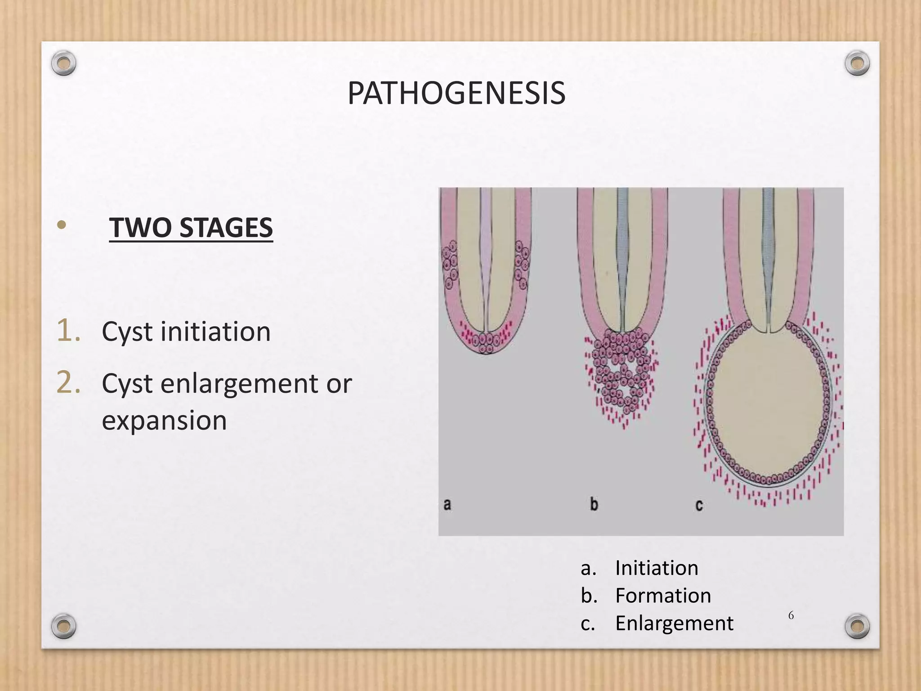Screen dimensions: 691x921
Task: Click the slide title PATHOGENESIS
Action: (456, 94)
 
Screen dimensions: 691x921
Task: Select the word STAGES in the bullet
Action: (226, 228)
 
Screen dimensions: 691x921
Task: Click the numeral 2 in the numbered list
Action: (69, 383)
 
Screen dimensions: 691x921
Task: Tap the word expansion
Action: (164, 420)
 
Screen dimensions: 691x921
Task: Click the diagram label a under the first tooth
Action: (447, 504)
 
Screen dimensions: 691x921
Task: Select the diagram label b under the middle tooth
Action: (594, 504)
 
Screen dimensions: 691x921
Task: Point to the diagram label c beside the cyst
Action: (699, 505)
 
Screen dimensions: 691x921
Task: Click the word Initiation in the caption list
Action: (657, 568)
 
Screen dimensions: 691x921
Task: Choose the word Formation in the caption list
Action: (663, 596)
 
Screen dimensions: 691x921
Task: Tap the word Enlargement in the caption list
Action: (674, 624)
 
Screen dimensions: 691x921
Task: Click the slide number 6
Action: (791, 615)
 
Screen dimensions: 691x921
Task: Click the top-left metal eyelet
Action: (63, 63)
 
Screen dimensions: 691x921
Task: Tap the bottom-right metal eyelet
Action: (857, 626)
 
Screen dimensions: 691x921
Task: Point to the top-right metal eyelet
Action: (857, 63)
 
